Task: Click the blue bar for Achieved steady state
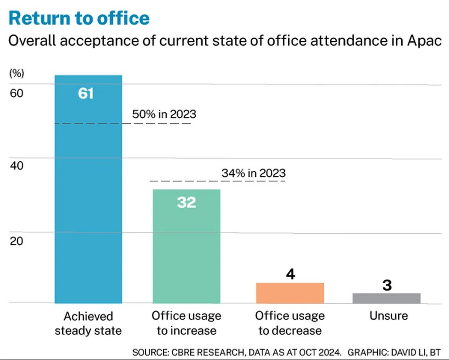[x=88, y=197]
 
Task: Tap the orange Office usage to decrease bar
[x=290, y=293]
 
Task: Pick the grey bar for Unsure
[x=386, y=298]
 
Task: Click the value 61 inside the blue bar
[x=86, y=94]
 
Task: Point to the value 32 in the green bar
[x=186, y=202]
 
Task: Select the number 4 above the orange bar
[x=290, y=274]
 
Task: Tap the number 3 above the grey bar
[x=387, y=285]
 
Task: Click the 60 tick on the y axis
[x=16, y=93]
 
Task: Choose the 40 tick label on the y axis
[x=16, y=165]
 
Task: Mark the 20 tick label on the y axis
[x=16, y=240]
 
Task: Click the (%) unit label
[x=17, y=74]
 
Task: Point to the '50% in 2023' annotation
[x=164, y=114]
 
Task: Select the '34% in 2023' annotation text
[x=253, y=173]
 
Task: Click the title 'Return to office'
[x=79, y=18]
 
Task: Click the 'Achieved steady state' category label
[x=88, y=323]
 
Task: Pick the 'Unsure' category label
[x=388, y=316]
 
